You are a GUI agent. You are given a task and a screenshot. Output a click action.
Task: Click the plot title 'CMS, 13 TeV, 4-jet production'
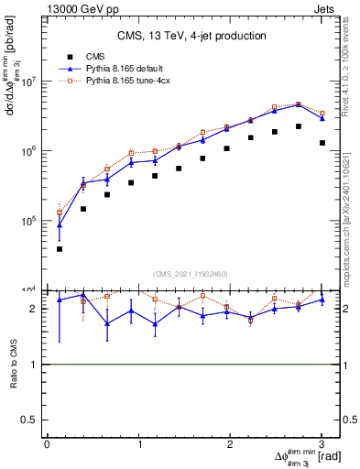tap(192, 36)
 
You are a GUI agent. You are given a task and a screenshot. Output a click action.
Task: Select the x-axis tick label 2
tap(230, 444)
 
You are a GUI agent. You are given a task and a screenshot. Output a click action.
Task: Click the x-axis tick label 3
tap(322, 444)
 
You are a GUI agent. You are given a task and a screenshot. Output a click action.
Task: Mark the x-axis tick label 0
tap(47, 444)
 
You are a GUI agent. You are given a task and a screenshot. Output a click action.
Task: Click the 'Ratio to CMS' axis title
tap(14, 365)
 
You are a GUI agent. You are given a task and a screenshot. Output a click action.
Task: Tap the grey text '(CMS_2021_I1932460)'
tap(192, 273)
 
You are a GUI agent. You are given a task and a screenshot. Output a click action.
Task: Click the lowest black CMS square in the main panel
tap(60, 248)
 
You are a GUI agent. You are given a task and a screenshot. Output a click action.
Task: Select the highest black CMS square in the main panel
tap(299, 126)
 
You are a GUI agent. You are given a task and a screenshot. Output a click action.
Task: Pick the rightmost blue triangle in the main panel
tap(322, 118)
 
